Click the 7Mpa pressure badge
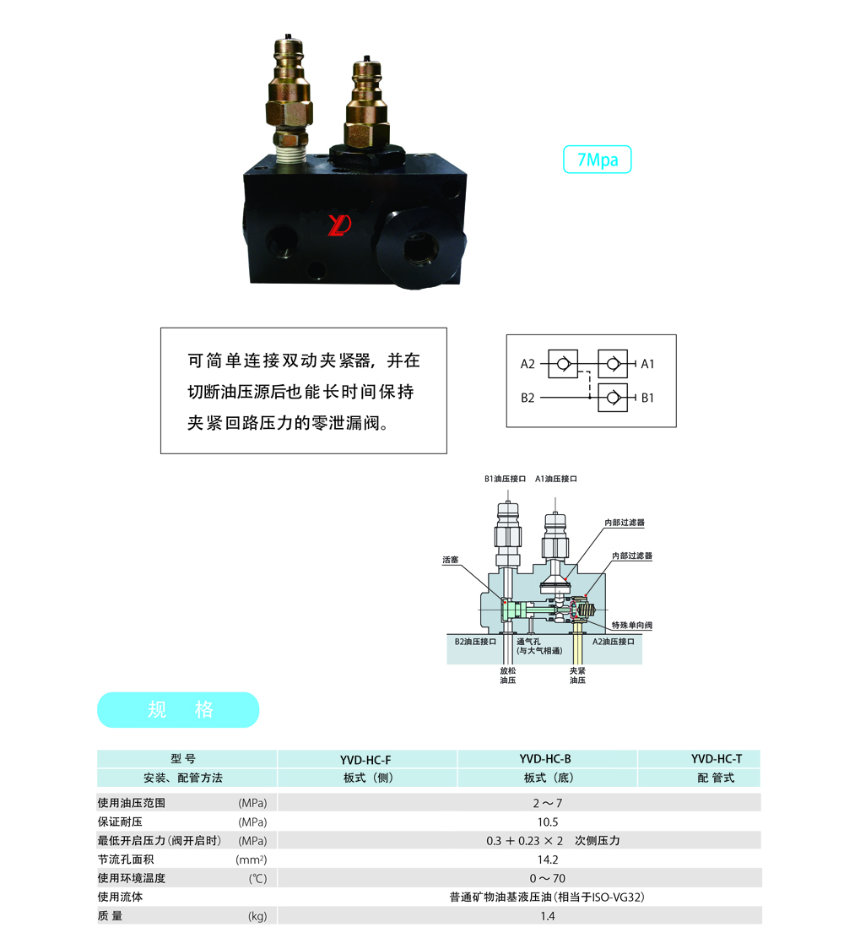pyautogui.click(x=598, y=160)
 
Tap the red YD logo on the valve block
pyautogui.click(x=339, y=225)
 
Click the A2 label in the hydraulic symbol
pyautogui.click(x=527, y=364)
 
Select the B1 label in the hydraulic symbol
pyautogui.click(x=647, y=398)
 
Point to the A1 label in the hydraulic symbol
pyautogui.click(x=647, y=364)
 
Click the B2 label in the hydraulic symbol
pyautogui.click(x=527, y=398)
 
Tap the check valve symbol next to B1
pyautogui.click(x=613, y=398)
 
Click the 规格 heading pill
pyautogui.click(x=178, y=710)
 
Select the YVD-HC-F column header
pyautogui.click(x=365, y=760)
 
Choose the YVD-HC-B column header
pyautogui.click(x=545, y=759)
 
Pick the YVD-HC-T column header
pyautogui.click(x=717, y=759)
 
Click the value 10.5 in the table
pyautogui.click(x=548, y=822)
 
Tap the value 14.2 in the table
pyautogui.click(x=548, y=860)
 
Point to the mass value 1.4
pyautogui.click(x=548, y=916)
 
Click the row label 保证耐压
pyautogui.click(x=120, y=822)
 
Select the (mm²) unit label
pyautogui.click(x=251, y=860)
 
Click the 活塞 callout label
pyautogui.click(x=450, y=560)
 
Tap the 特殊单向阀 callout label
pyautogui.click(x=631, y=625)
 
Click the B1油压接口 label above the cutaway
pyautogui.click(x=506, y=479)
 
